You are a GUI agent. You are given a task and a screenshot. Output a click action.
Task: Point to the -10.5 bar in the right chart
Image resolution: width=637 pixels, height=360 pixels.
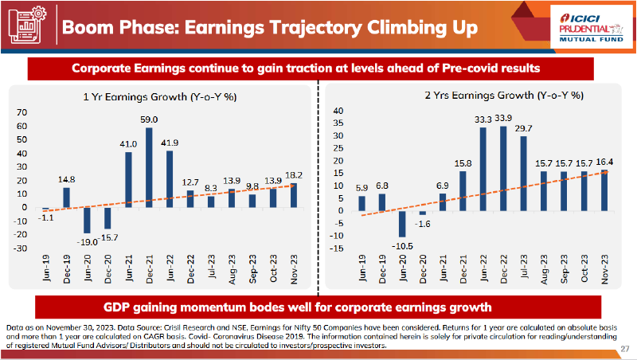(x=403, y=224)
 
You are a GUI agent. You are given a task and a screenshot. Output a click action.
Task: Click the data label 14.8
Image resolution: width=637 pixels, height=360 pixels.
(x=67, y=180)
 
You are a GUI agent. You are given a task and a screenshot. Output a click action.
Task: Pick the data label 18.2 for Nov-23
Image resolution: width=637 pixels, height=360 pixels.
(x=295, y=175)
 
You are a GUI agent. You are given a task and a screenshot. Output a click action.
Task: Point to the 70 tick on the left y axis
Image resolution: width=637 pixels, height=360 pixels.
(x=21, y=112)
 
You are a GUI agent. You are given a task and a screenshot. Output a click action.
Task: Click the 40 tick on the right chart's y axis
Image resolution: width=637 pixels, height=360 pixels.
(x=338, y=111)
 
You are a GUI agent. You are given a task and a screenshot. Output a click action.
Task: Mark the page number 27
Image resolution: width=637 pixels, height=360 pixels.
(x=624, y=347)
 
